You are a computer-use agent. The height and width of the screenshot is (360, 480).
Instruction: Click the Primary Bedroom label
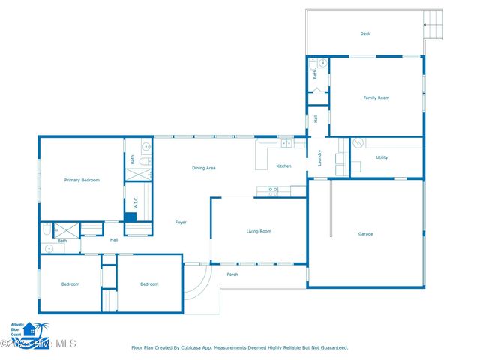(x=82, y=180)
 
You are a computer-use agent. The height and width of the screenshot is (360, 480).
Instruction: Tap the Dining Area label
(x=204, y=168)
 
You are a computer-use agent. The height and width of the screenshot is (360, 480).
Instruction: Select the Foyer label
(x=181, y=222)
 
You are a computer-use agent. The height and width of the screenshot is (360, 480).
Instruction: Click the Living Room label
(x=259, y=231)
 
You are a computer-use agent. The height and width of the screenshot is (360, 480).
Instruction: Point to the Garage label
(x=365, y=234)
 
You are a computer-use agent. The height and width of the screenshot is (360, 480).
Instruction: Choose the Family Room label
(x=376, y=97)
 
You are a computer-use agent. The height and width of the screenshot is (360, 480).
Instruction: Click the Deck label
(x=365, y=33)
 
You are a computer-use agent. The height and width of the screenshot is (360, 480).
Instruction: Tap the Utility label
(x=382, y=157)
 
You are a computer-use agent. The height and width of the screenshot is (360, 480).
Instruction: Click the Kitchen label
(x=283, y=166)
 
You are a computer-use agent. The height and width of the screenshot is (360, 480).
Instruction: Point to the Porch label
(x=232, y=274)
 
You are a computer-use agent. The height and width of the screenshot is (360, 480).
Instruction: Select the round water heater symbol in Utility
(x=358, y=142)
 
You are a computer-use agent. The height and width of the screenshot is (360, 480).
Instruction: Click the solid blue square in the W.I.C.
(x=130, y=217)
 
